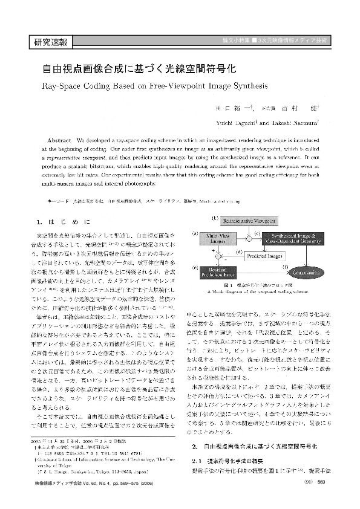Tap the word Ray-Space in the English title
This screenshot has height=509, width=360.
coord(62,85)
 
